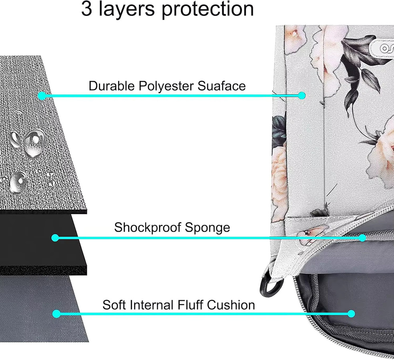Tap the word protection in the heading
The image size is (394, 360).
(208, 10)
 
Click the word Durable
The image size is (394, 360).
(112, 86)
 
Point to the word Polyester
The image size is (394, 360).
(166, 86)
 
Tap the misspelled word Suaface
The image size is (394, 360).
(221, 86)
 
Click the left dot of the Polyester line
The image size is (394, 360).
(42, 96)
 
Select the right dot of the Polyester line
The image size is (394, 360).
(302, 96)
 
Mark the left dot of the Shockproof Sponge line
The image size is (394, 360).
(55, 238)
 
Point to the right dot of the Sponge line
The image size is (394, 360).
(362, 238)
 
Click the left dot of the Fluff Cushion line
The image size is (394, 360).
(56, 314)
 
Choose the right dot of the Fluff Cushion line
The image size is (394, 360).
(351, 314)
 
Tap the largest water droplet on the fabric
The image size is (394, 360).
(34, 142)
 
